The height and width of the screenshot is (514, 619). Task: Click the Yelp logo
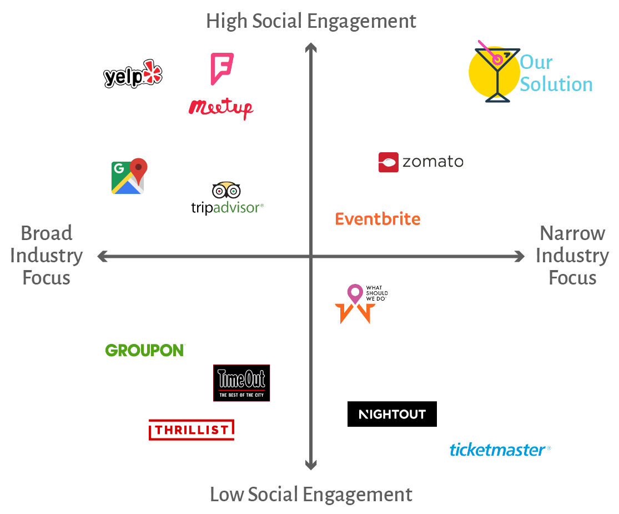click(x=133, y=74)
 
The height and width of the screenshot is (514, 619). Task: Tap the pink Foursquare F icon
click(x=222, y=68)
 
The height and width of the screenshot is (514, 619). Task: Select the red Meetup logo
click(x=221, y=107)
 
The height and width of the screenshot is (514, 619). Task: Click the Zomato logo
click(x=421, y=162)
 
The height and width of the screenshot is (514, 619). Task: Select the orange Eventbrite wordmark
click(x=378, y=219)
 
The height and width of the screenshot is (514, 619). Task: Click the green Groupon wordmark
click(x=145, y=350)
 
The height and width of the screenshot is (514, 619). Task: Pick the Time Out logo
click(x=241, y=383)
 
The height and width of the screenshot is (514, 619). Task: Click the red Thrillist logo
click(x=191, y=430)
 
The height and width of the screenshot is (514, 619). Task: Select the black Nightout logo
click(x=392, y=414)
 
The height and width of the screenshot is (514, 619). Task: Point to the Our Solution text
click(x=556, y=73)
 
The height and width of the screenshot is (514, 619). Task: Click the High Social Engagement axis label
click(x=311, y=21)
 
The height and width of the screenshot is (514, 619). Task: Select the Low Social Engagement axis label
click(x=311, y=494)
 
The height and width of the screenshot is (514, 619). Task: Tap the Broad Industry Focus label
click(x=47, y=255)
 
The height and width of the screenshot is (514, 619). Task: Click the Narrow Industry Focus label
click(x=572, y=255)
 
